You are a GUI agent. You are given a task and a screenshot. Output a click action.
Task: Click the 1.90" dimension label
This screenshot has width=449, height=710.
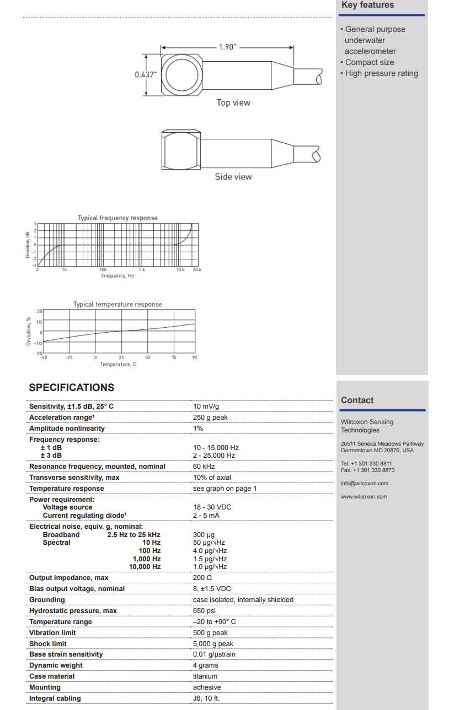click(227, 47)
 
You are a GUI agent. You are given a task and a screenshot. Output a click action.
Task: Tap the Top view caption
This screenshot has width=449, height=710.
click(233, 102)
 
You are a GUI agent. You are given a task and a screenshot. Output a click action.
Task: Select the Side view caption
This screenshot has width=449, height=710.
click(233, 176)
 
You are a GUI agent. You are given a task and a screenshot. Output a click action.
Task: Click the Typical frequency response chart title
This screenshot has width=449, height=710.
click(117, 218)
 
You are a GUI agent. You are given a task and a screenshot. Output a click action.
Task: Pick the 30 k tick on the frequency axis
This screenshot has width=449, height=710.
click(197, 269)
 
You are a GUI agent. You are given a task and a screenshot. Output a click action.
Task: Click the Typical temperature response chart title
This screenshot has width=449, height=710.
click(117, 304)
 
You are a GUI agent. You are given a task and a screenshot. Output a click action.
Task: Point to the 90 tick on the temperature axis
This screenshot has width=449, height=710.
click(195, 357)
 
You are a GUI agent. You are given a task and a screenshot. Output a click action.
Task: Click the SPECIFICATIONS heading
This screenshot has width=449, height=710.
click(72, 387)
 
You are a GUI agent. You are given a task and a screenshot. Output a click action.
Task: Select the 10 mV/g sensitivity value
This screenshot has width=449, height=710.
click(206, 407)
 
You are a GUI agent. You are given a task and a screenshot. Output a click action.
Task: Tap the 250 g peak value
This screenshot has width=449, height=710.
click(210, 418)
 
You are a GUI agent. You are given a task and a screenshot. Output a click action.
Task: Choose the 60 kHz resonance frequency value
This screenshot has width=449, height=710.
click(204, 467)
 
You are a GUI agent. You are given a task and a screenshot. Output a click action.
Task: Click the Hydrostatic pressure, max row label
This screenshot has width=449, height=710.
click(73, 611)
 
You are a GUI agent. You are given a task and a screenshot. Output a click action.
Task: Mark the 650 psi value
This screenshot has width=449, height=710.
click(204, 611)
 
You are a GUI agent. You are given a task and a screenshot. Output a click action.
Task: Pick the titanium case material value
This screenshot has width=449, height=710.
click(205, 676)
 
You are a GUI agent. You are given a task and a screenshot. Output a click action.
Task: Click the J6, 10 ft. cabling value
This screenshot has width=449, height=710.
click(207, 698)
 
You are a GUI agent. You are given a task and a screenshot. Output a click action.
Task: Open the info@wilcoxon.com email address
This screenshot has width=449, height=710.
click(364, 484)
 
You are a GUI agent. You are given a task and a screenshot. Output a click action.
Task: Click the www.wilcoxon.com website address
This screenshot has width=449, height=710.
click(364, 497)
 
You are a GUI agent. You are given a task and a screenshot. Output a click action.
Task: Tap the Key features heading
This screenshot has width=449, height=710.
click(367, 5)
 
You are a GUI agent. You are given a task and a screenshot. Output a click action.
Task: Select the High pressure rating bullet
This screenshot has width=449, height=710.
click(381, 73)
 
